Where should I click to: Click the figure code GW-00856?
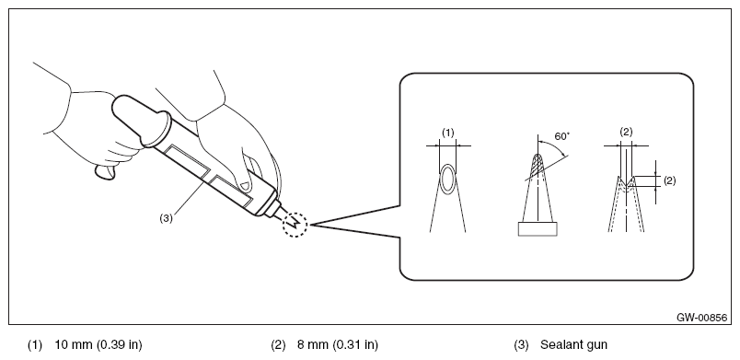click(701, 318)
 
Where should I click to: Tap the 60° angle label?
click(562, 137)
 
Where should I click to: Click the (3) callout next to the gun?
click(166, 218)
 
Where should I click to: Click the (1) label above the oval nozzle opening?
click(448, 134)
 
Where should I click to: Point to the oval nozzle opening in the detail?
click(448, 179)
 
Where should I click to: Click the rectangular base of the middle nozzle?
click(538, 229)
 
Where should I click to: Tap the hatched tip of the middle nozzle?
click(538, 165)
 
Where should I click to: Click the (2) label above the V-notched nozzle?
click(626, 133)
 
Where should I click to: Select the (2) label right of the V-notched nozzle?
click(669, 180)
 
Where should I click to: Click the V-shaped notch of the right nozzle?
click(626, 181)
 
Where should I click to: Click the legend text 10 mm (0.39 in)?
click(98, 345)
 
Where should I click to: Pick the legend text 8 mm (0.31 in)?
click(338, 345)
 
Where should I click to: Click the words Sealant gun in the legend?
click(574, 345)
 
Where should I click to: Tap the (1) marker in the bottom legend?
click(34, 345)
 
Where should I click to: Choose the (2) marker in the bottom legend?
click(278, 345)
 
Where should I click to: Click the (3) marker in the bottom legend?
click(521, 345)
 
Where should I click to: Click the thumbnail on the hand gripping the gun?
click(243, 185)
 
